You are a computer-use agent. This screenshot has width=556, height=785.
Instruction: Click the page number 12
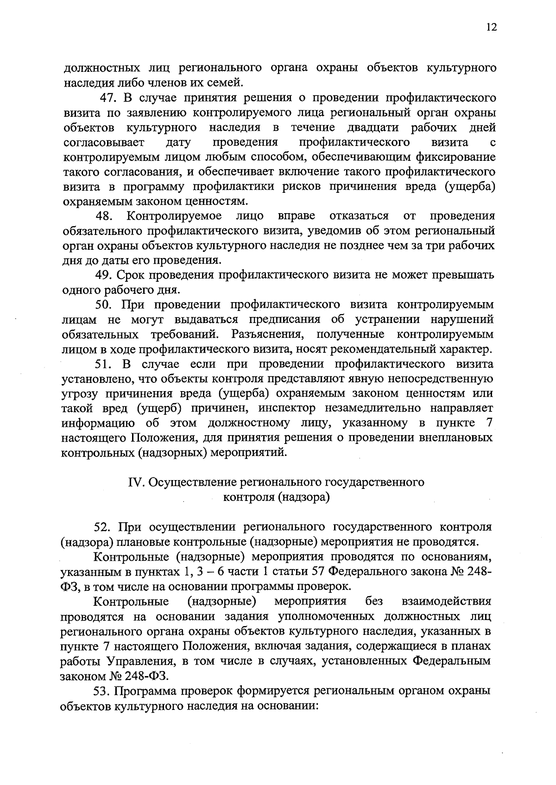click(x=492, y=27)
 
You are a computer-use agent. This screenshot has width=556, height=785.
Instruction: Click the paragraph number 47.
click(x=110, y=98)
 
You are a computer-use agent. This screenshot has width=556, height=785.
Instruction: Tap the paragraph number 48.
click(x=105, y=216)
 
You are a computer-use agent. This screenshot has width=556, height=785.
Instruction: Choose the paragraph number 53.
click(x=103, y=690)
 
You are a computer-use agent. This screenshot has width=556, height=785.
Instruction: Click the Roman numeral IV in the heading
click(x=135, y=483)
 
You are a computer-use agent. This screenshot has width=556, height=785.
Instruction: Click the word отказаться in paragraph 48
click(x=359, y=216)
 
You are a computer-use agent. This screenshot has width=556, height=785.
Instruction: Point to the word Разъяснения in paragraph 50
click(x=268, y=335)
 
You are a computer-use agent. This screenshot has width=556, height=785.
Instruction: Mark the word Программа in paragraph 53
click(x=146, y=690)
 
